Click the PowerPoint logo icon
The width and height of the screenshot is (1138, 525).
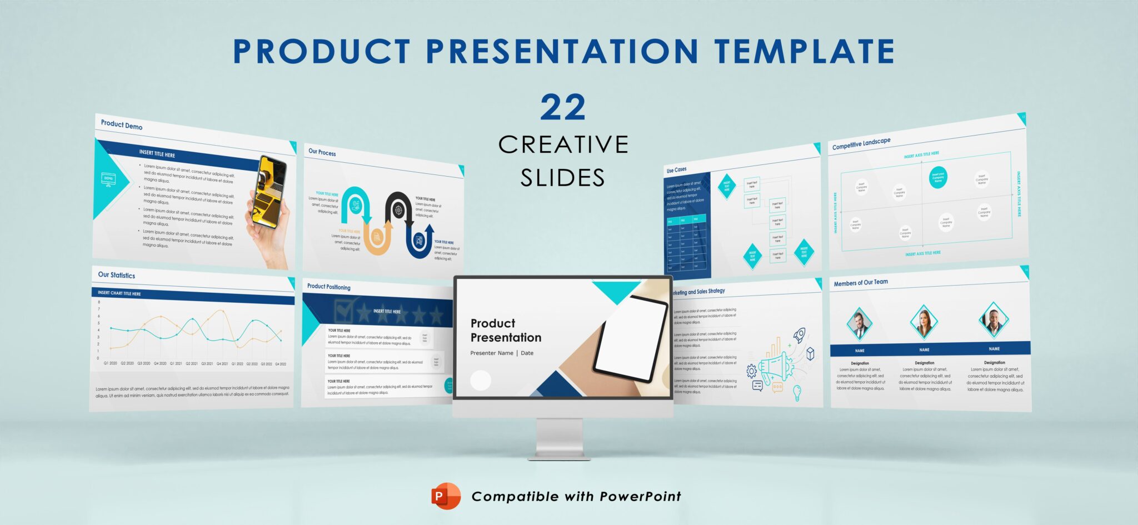coord(446,496)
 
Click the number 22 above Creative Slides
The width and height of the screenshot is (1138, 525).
coord(563,108)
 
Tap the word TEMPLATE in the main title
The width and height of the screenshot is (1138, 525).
coord(805,51)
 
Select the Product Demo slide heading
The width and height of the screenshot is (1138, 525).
coord(122,125)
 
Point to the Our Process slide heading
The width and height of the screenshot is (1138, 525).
coord(322,152)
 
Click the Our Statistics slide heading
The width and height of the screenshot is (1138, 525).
coord(117,275)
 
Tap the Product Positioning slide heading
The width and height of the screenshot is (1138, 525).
coord(329,287)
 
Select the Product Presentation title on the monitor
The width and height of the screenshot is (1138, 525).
coord(506,330)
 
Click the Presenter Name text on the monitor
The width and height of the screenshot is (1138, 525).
coord(492,353)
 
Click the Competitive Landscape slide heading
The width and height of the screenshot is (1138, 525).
coord(861,143)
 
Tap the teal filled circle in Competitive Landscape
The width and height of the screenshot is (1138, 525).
coord(938,177)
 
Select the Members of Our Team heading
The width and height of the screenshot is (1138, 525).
coord(861,283)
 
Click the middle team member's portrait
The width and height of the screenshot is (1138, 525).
coord(924,323)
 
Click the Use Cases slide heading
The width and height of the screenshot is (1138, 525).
coord(676,169)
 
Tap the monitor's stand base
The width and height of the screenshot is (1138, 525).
coord(560,457)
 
